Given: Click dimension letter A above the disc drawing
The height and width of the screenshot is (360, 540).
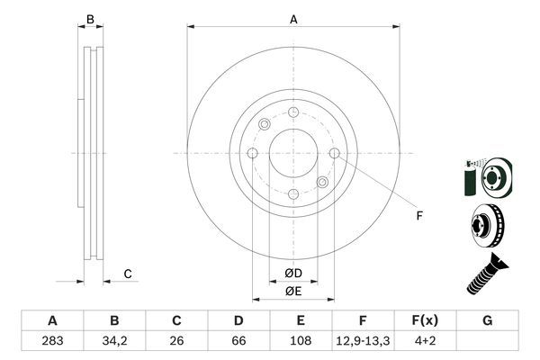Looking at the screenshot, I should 293,18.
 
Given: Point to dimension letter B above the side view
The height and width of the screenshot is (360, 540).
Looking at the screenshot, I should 89,18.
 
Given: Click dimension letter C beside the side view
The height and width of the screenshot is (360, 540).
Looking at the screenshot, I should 128,274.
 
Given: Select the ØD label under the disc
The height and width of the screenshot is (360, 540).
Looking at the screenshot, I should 293,273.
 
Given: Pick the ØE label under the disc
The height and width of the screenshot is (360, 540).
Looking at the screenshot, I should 293,290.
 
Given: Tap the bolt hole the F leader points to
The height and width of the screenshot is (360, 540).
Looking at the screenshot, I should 335,154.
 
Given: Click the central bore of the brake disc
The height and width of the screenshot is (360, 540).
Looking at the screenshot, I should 293,154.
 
